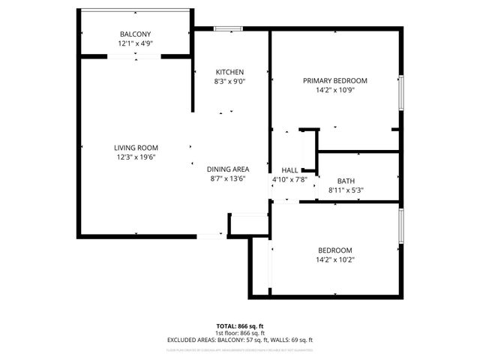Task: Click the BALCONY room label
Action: pyautogui.click(x=135, y=34)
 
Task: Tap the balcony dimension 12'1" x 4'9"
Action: pyautogui.click(x=135, y=43)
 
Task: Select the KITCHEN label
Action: pyautogui.click(x=229, y=72)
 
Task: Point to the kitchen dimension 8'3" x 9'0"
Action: pyautogui.click(x=229, y=81)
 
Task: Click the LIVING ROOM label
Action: pyautogui.click(x=136, y=148)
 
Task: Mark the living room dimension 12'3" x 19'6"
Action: pyautogui.click(x=136, y=157)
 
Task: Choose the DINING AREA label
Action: pyautogui.click(x=229, y=169)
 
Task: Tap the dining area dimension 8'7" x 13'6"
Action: pyautogui.click(x=229, y=179)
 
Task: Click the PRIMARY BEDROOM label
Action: pyautogui.click(x=334, y=80)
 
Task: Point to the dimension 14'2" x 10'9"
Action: pyautogui.click(x=334, y=90)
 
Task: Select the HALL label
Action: pyautogui.click(x=289, y=170)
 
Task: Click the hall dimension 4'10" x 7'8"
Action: pyautogui.click(x=289, y=180)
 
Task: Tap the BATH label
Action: pyautogui.click(x=346, y=181)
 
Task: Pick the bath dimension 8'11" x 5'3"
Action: pyautogui.click(x=346, y=190)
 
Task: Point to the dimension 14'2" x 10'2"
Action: pyautogui.click(x=334, y=260)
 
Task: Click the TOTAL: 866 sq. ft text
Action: pyautogui.click(x=239, y=326)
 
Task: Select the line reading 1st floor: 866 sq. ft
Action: pyautogui.click(x=239, y=333)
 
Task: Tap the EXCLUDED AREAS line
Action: pyautogui.click(x=239, y=340)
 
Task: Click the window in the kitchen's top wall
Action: pyautogui.click(x=228, y=29)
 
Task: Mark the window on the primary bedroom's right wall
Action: pyautogui.click(x=402, y=93)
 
